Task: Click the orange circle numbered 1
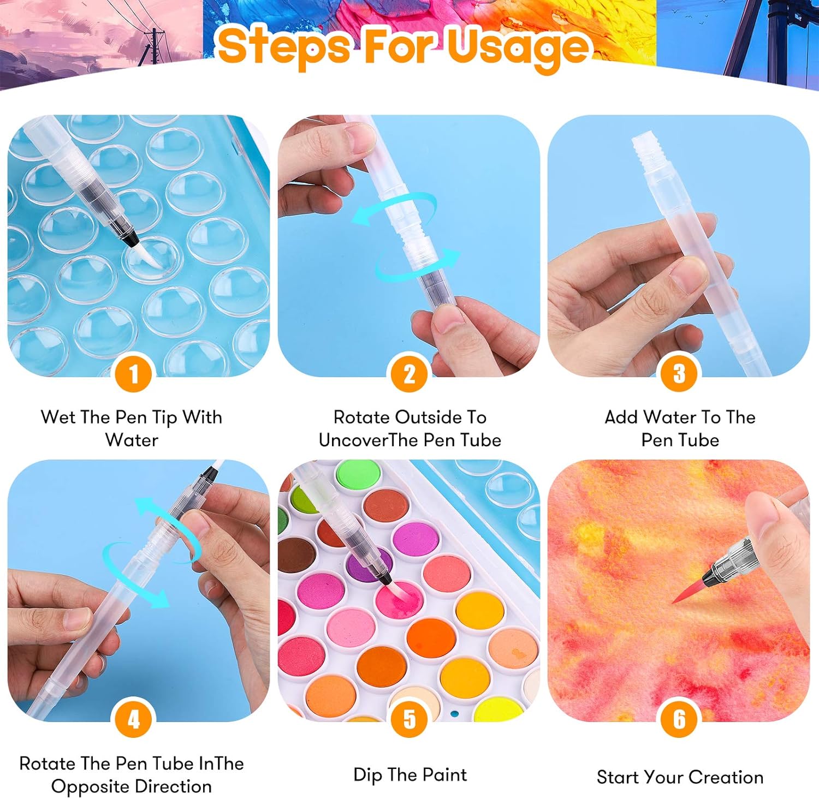click(133, 374)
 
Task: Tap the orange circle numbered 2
click(409, 374)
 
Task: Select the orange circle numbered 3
click(679, 374)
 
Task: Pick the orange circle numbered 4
click(133, 719)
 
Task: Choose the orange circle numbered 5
click(409, 719)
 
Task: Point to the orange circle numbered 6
click(679, 719)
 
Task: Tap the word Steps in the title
click(284, 46)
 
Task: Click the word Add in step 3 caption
click(621, 417)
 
